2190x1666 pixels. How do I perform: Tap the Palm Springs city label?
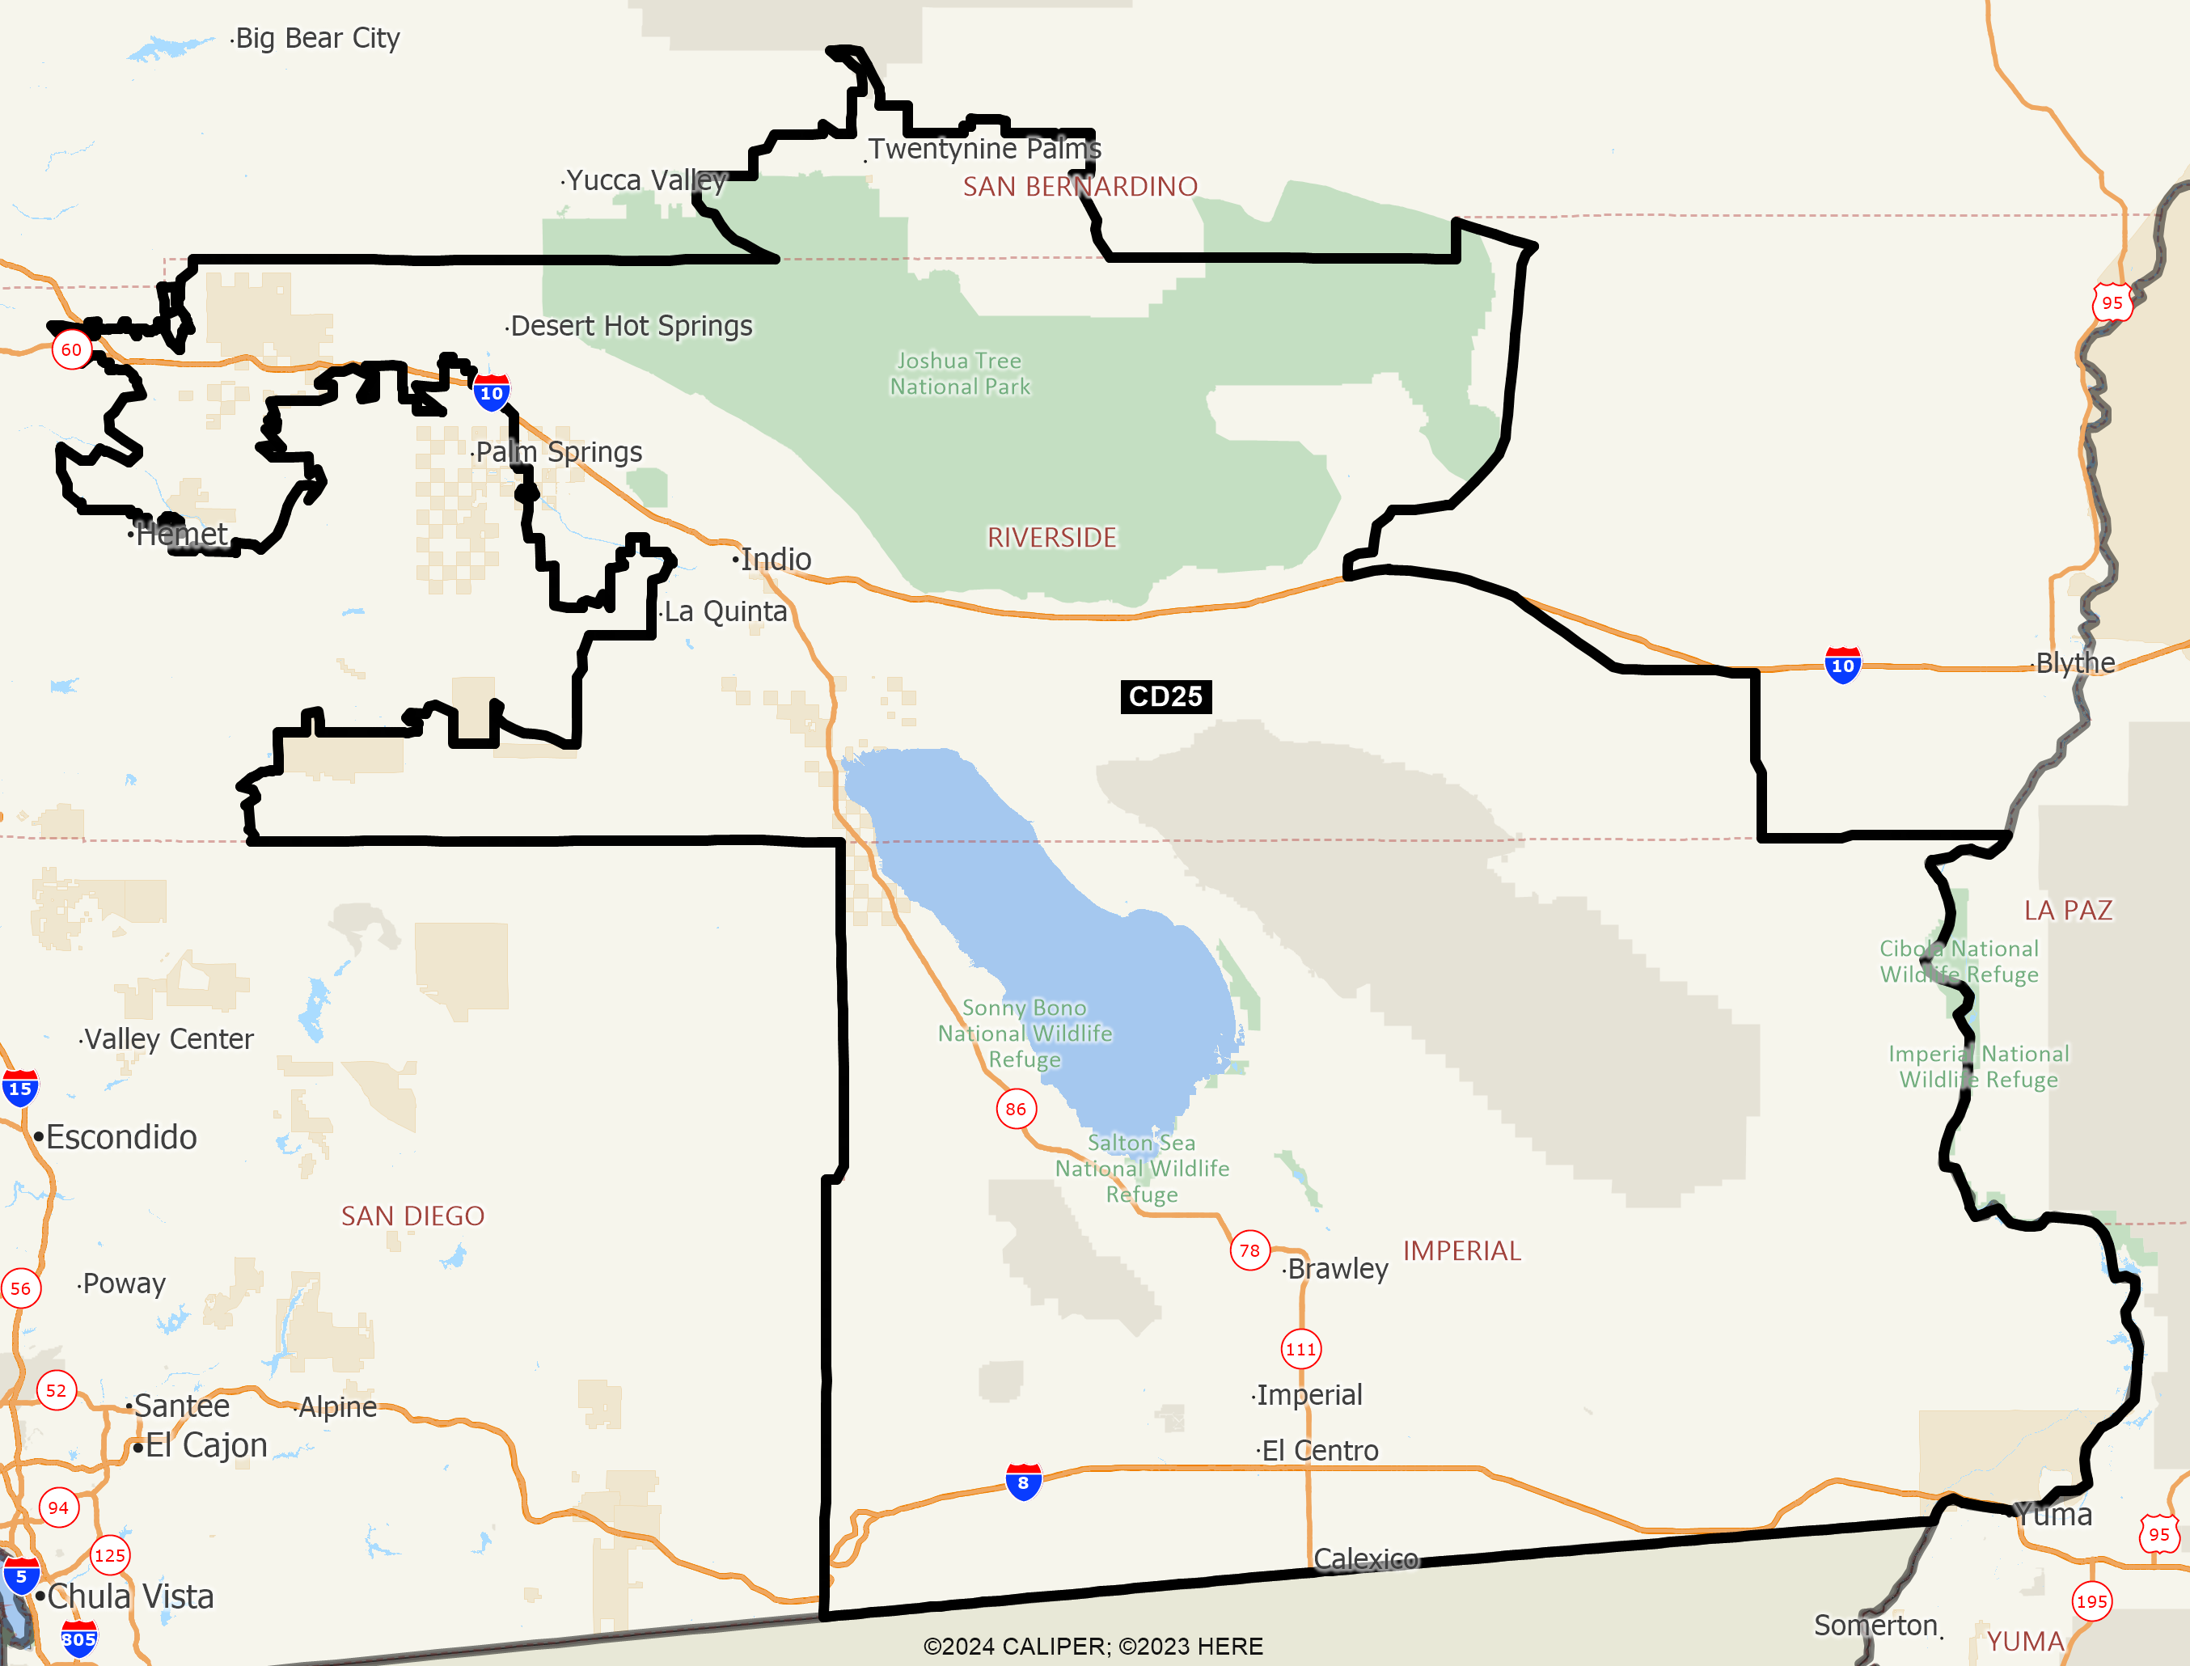(x=558, y=452)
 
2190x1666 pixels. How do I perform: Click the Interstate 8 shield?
(x=1023, y=1482)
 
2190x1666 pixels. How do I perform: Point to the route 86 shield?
(x=1017, y=1109)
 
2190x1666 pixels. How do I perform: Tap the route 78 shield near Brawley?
(x=1249, y=1250)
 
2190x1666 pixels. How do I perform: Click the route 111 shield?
(x=1300, y=1349)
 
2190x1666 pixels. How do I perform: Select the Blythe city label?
(x=2074, y=662)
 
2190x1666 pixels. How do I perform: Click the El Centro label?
(x=1320, y=1451)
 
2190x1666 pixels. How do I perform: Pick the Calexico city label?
(x=1365, y=1559)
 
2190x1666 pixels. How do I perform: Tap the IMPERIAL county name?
(x=1461, y=1250)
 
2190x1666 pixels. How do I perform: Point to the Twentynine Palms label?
(x=984, y=149)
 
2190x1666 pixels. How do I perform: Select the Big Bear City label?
(x=317, y=38)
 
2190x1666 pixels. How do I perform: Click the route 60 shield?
(x=71, y=349)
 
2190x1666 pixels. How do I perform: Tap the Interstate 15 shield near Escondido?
(x=20, y=1088)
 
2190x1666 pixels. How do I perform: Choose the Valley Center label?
(x=168, y=1038)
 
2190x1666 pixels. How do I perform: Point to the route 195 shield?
(x=2092, y=1600)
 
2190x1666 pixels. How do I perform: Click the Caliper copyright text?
(x=1093, y=1646)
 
